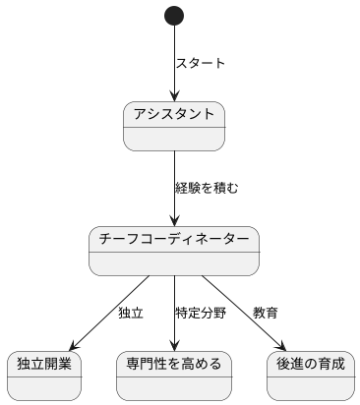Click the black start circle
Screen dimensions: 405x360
174,16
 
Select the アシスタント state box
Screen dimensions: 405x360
174,126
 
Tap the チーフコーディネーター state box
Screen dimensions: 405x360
174,251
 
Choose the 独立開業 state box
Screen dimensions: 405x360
43,375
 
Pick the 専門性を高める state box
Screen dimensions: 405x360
174,375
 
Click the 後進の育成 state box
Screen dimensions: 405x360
311,375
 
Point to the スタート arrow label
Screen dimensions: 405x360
200,64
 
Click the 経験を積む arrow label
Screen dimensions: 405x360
207,188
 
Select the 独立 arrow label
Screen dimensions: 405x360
130,314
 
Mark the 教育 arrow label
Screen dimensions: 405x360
265,314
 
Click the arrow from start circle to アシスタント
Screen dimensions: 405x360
174,59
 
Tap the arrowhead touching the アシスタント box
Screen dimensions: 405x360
174,95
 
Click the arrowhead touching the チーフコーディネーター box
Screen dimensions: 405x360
174,220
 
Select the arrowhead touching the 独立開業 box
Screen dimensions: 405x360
70,345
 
